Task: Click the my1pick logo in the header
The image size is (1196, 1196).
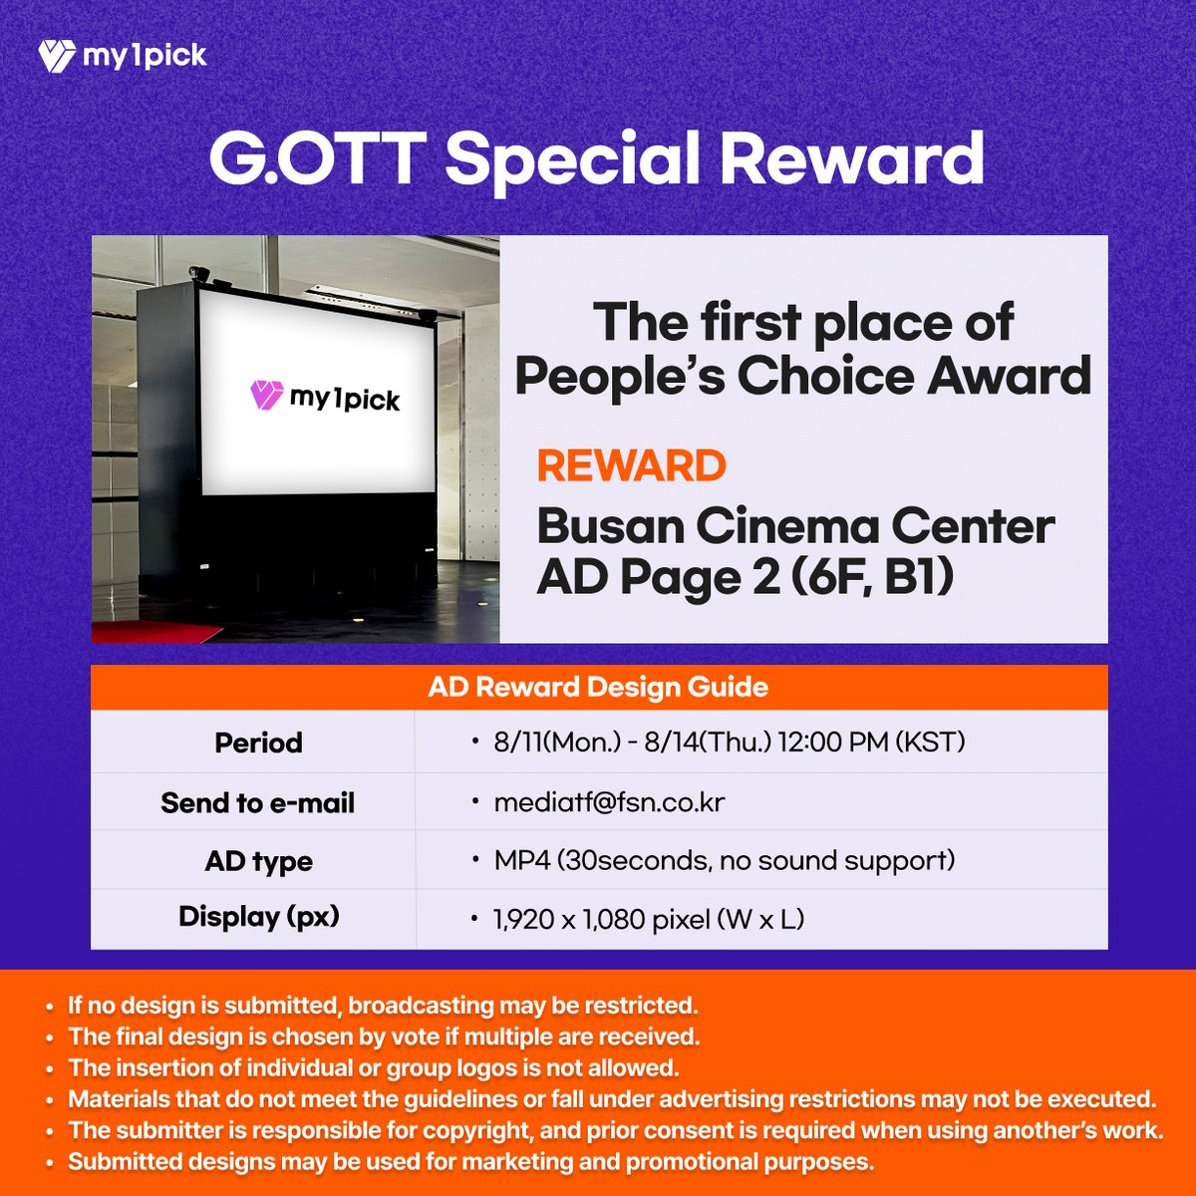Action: click(122, 56)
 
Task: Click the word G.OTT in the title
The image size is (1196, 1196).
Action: click(317, 159)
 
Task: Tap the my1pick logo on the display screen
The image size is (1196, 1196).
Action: click(325, 398)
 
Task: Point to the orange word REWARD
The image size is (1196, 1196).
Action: click(632, 465)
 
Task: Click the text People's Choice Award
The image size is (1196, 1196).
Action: click(803, 376)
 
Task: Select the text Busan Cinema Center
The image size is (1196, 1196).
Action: click(795, 526)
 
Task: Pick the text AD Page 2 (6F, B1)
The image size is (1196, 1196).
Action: click(746, 577)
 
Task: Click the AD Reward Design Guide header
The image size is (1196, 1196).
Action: click(598, 687)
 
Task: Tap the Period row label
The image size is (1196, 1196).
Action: click(258, 743)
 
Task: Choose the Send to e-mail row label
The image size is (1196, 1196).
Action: click(257, 802)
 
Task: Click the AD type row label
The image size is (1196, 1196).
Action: click(258, 861)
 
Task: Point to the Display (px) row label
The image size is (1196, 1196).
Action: click(258, 917)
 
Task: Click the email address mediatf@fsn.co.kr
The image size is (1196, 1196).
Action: click(609, 802)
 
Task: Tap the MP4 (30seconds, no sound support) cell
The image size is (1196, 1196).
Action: click(725, 860)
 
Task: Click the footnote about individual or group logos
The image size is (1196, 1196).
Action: click(373, 1068)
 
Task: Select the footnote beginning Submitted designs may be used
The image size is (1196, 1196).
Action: click(470, 1162)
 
